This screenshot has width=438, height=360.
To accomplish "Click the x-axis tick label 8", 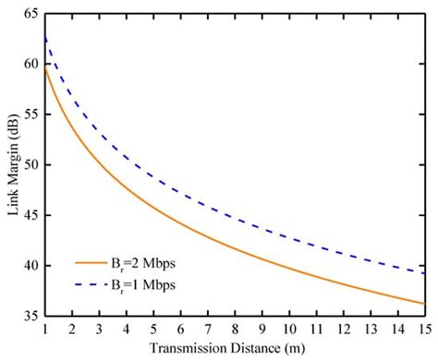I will click(x=235, y=328).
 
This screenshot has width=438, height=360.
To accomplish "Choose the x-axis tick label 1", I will click(x=44, y=328).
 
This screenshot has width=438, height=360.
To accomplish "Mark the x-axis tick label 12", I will click(x=343, y=328).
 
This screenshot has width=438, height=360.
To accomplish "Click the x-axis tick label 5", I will click(x=153, y=328).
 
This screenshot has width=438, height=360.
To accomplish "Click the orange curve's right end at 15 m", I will click(x=424, y=303).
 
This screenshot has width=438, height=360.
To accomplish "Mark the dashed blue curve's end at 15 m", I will click(x=424, y=272).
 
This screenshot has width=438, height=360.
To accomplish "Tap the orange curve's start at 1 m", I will click(x=45, y=66).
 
